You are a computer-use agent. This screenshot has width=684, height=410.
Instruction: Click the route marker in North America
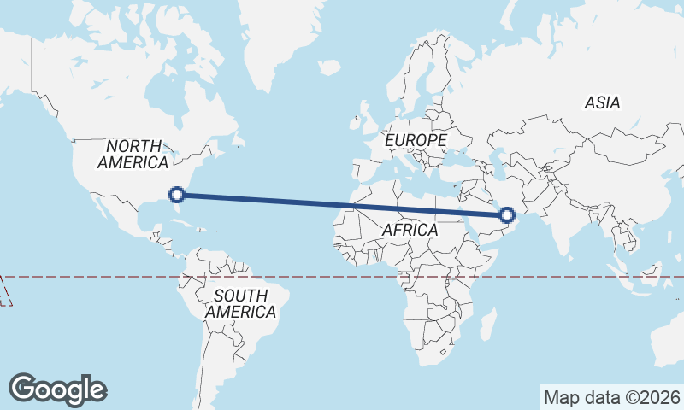tap(178, 195)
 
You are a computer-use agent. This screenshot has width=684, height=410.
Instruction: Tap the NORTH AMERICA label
tap(133, 155)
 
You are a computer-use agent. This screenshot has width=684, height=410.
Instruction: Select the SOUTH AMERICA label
tap(240, 304)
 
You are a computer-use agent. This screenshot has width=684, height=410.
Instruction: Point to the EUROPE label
tap(416, 139)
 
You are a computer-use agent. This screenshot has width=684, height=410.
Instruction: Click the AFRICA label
tap(410, 231)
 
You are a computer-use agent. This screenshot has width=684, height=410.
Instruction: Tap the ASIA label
tap(602, 103)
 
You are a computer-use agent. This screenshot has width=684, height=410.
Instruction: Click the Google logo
tap(57, 389)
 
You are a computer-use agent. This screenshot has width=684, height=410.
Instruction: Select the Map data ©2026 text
tap(612, 397)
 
